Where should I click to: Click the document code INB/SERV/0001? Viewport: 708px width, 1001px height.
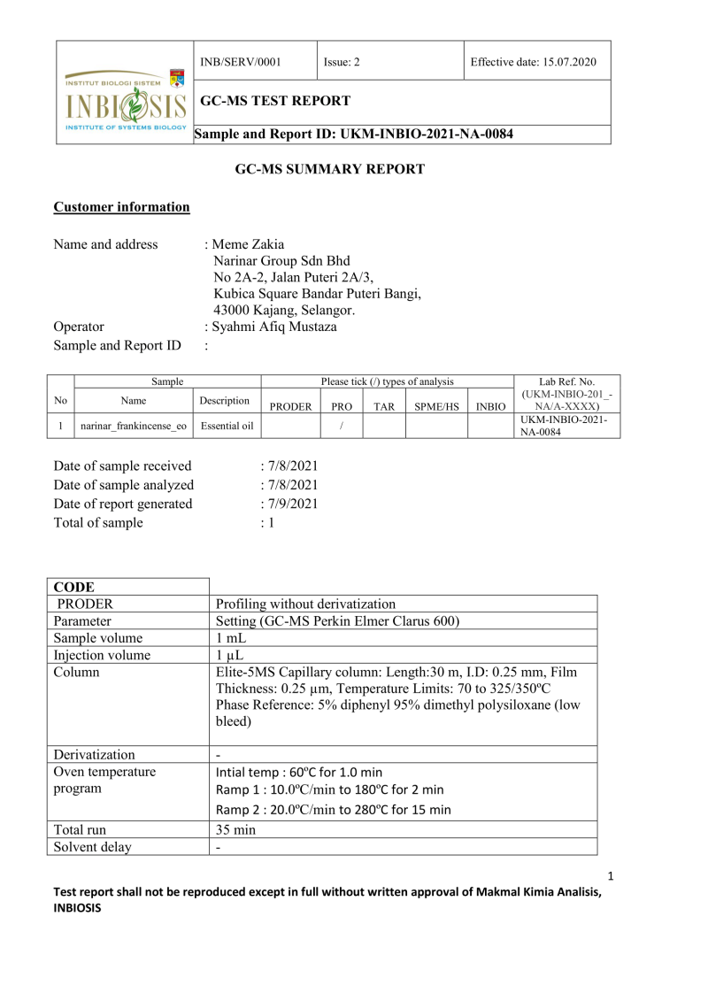(x=241, y=62)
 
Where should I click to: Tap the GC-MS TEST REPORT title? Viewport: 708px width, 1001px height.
(x=275, y=101)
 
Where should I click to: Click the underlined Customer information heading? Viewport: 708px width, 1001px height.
(x=121, y=207)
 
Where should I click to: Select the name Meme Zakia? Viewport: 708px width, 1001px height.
(x=249, y=244)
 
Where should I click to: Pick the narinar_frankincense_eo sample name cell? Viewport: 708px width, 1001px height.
(x=134, y=425)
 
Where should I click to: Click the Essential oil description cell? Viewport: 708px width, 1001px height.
(x=227, y=425)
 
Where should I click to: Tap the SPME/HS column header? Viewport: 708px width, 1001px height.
(x=436, y=406)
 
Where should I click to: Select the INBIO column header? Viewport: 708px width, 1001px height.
(x=490, y=406)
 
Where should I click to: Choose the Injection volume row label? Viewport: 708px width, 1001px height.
(x=102, y=655)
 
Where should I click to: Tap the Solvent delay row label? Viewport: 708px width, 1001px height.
(x=92, y=847)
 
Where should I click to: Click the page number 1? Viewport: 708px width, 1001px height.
(x=611, y=876)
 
